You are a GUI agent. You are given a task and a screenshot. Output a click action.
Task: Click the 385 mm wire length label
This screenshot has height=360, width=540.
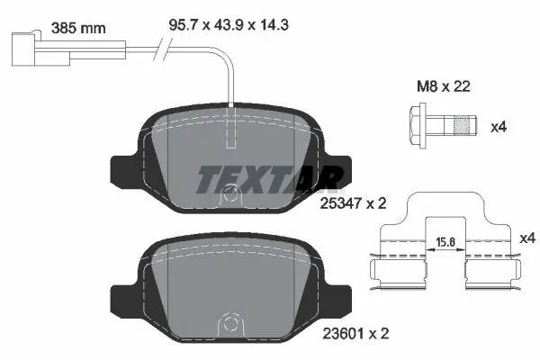[x=77, y=28]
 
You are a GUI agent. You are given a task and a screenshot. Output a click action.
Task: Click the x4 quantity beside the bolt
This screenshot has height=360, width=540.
[x=499, y=127]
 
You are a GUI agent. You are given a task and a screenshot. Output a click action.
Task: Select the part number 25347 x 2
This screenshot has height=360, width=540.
[x=353, y=204]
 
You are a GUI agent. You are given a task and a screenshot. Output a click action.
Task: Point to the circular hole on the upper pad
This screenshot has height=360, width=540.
[x=232, y=192]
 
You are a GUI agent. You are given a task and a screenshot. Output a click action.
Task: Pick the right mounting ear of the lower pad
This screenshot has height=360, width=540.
[x=340, y=296]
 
